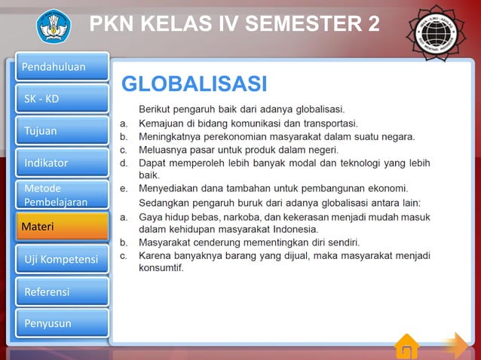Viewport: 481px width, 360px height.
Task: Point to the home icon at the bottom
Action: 406,346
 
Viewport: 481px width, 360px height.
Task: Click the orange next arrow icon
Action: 455,345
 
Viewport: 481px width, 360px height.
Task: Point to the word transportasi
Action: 326,123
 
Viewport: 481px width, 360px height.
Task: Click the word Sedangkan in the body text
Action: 164,203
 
